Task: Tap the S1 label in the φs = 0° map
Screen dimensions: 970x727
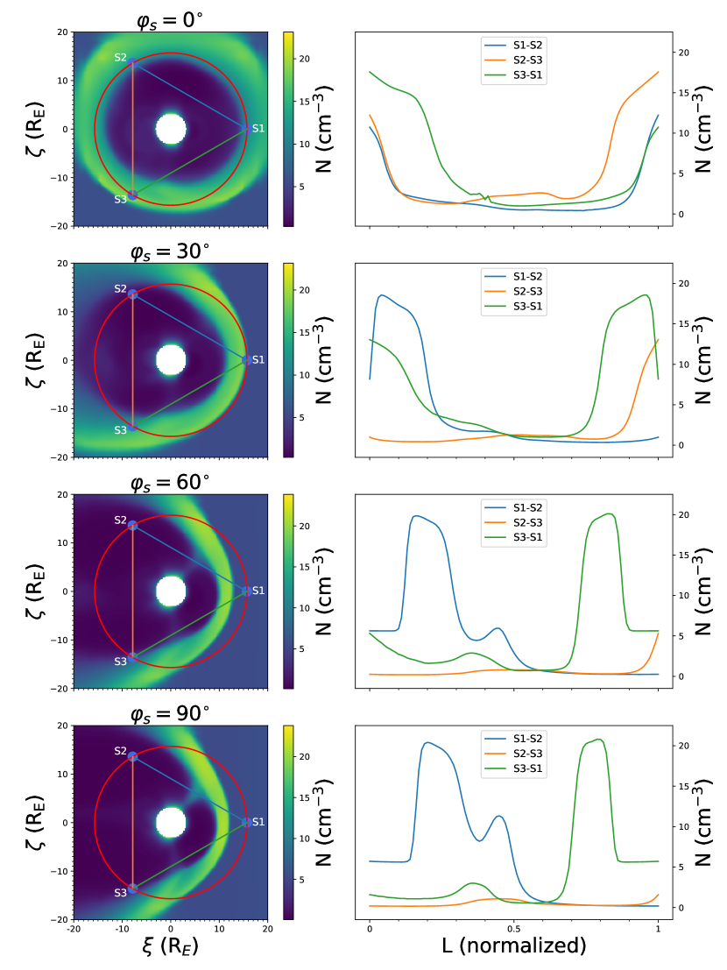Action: pyautogui.click(x=258, y=129)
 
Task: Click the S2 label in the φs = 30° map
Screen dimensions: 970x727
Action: pyautogui.click(x=121, y=289)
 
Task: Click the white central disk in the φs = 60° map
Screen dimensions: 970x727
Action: pyautogui.click(x=171, y=591)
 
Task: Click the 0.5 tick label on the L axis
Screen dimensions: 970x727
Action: pyautogui.click(x=513, y=929)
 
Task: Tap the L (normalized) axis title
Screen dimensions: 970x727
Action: pyautogui.click(x=513, y=947)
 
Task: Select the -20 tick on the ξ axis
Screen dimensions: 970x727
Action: pyautogui.click(x=74, y=928)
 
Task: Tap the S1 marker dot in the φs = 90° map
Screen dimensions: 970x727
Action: pyautogui.click(x=245, y=823)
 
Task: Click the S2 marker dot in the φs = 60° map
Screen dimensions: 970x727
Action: pyautogui.click(x=133, y=525)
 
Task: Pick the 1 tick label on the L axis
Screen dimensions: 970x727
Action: pyautogui.click(x=658, y=929)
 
